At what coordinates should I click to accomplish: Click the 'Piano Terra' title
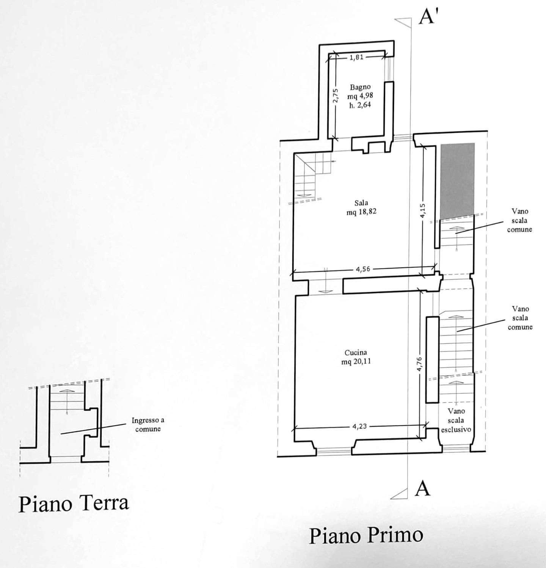pos(74,504)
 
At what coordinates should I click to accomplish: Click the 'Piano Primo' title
pos(366,535)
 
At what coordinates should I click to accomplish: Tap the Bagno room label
pos(360,87)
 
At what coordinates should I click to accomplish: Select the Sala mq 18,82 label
pos(361,207)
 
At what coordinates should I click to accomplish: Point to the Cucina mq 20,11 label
pos(356,357)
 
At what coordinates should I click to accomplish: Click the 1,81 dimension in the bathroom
pos(356,57)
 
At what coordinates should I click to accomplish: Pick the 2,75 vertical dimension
pos(336,96)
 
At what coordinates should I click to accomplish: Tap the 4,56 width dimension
pos(363,269)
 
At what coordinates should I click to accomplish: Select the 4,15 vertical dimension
pos(423,211)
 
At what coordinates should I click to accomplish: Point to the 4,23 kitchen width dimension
pos(359,426)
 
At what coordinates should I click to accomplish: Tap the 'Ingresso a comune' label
pos(148,425)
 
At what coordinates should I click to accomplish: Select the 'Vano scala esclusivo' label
pos(456,420)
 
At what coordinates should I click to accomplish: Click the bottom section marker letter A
pos(423,488)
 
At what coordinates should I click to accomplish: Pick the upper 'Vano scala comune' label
pos(520,220)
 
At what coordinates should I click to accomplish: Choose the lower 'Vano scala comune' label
pos(520,318)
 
